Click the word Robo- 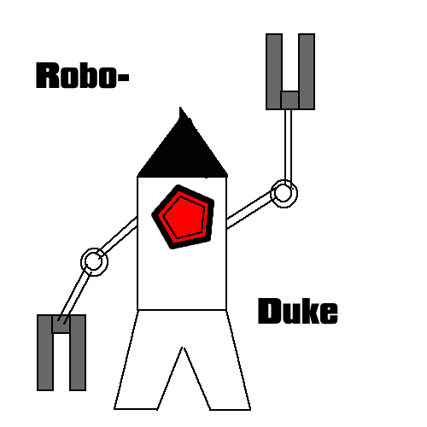[x=83, y=75]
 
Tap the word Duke [x=298, y=311]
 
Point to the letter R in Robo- [x=47, y=75]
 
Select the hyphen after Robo [x=123, y=78]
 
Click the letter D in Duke [x=269, y=311]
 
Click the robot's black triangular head [x=183, y=151]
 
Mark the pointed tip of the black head [x=180, y=108]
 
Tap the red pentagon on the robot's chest [x=184, y=217]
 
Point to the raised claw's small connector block [x=290, y=100]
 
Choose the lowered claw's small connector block [x=61, y=324]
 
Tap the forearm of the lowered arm [x=74, y=296]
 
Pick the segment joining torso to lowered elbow [x=119, y=237]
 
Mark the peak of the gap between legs [x=184, y=348]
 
